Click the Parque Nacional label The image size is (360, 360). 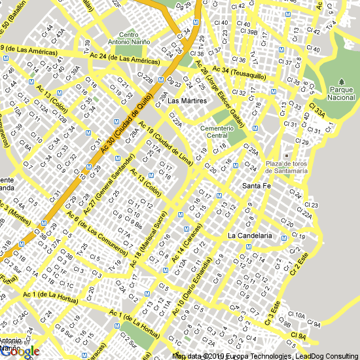(x=341, y=93)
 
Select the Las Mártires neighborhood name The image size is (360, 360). (x=187, y=101)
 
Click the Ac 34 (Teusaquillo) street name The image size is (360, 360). (x=238, y=71)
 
